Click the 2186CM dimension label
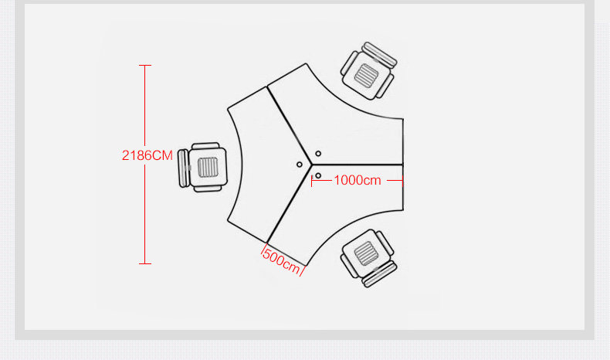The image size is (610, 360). click(147, 155)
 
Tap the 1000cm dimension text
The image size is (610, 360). click(358, 180)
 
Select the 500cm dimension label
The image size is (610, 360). click(282, 260)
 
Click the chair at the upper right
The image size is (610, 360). click(370, 71)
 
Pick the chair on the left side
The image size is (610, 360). click(202, 167)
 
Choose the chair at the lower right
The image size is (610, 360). click(368, 257)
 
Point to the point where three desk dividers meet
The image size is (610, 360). click(312, 165)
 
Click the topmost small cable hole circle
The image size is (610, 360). click(318, 154)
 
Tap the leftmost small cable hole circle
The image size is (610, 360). click(300, 164)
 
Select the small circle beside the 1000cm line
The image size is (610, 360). click(317, 176)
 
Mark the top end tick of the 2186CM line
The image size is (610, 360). click(146, 66)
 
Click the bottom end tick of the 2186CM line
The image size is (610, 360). click(146, 263)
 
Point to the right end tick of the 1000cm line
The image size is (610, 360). click(403, 180)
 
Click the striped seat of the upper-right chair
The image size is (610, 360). click(368, 74)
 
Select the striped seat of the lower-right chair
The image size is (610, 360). click(365, 253)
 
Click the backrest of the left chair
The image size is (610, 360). click(184, 167)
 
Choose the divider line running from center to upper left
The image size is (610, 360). click(290, 125)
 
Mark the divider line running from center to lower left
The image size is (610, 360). click(290, 202)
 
